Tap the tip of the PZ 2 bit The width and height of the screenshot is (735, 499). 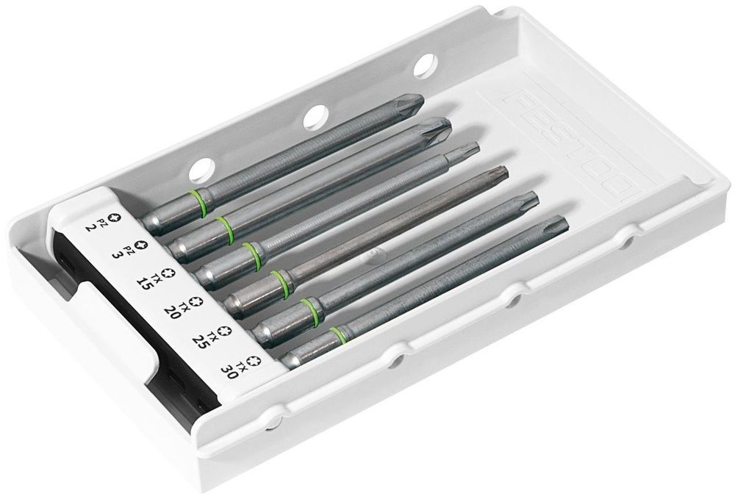coord(423,98)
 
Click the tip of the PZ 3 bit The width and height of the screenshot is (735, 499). coord(450,123)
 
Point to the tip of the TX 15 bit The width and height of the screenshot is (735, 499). coord(478,146)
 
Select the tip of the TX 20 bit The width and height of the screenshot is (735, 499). coord(506,169)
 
